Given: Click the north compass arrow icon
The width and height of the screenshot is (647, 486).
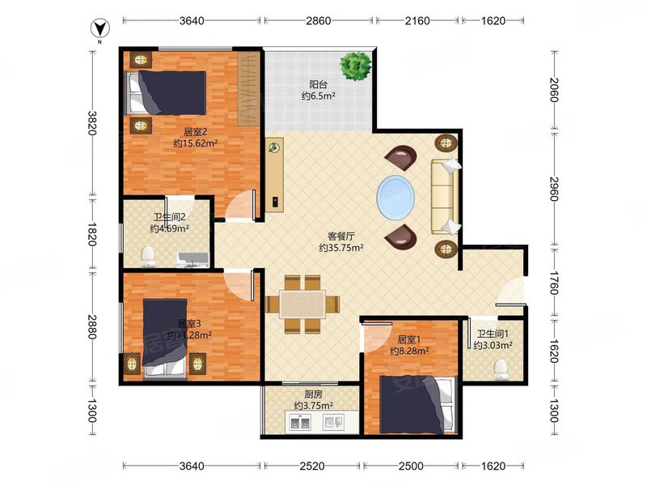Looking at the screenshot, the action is (x=99, y=28).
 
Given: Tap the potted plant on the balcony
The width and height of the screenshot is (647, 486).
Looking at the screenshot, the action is (x=356, y=66).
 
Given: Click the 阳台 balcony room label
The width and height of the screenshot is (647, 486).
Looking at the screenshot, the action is (x=318, y=85).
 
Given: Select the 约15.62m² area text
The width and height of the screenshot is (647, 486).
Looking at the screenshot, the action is (x=195, y=143).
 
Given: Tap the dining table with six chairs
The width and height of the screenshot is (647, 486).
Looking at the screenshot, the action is (x=302, y=305).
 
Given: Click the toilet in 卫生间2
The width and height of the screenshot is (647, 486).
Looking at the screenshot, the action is (x=148, y=256).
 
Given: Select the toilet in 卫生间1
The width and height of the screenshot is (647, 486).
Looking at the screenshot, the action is (x=501, y=369).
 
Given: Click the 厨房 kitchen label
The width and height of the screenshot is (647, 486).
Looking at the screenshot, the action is (x=314, y=394).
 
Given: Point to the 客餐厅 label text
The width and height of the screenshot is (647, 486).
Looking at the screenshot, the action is (x=340, y=237).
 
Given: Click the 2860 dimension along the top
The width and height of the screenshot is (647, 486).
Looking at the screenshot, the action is (x=318, y=20).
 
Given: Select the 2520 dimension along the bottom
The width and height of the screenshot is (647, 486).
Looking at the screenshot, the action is (x=312, y=467).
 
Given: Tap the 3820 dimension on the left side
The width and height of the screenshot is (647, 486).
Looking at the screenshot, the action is (x=91, y=123).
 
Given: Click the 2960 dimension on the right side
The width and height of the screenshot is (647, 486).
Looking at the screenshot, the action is (x=554, y=189).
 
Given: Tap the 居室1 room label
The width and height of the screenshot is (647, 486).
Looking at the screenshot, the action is (x=408, y=339).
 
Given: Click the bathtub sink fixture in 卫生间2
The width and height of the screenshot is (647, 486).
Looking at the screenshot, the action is (x=192, y=259).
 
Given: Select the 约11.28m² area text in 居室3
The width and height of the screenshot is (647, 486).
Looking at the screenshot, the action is (x=189, y=335).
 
